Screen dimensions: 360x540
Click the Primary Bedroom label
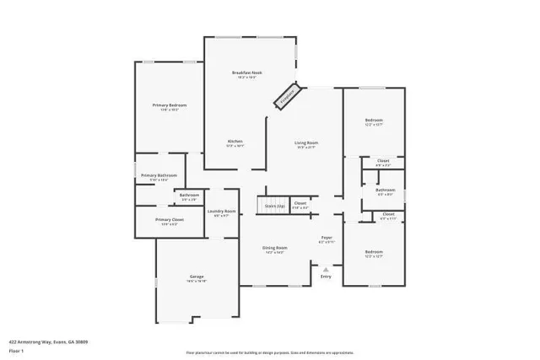tap(170, 105)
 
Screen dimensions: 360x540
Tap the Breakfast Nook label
tap(247, 73)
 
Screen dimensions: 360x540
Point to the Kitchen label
tap(235, 141)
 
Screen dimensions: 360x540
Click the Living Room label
tap(305, 143)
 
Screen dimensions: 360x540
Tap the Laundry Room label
tap(224, 211)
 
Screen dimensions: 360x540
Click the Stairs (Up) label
tap(275, 204)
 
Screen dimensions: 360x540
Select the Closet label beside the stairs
tap(300, 202)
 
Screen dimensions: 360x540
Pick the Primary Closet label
tap(170, 220)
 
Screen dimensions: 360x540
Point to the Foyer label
tap(326, 238)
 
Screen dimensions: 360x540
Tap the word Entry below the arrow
tap(326, 277)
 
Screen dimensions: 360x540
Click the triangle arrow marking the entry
tap(326, 268)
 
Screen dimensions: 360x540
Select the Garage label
tap(197, 277)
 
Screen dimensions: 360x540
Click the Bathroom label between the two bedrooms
tap(386, 190)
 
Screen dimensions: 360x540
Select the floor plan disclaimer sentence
tap(270, 352)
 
